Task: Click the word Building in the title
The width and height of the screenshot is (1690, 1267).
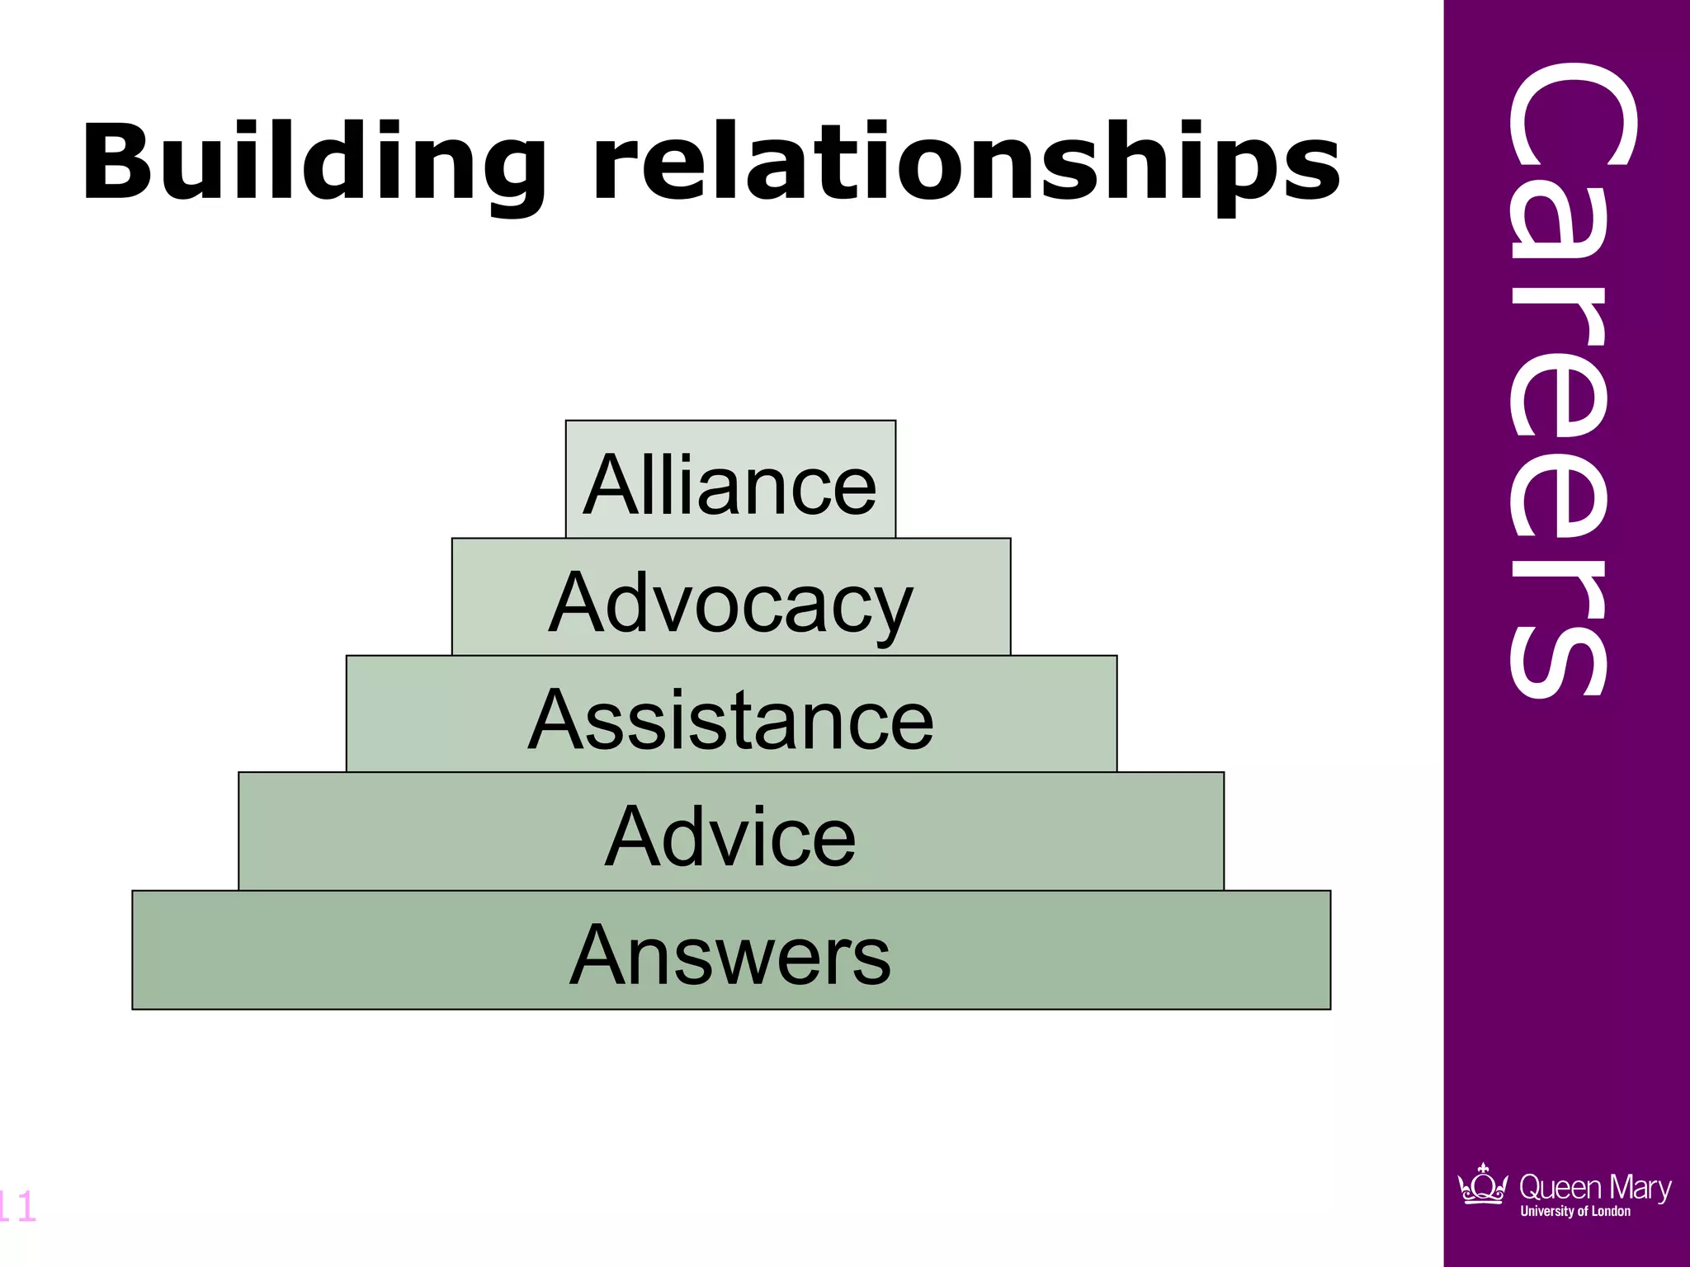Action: pyautogui.click(x=314, y=162)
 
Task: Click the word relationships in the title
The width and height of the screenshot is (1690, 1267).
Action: pyautogui.click(x=966, y=162)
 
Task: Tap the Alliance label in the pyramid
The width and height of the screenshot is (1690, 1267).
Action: pyautogui.click(x=729, y=486)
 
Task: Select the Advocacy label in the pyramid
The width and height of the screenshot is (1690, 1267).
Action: pyautogui.click(x=730, y=604)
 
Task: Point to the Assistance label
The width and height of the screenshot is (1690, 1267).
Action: pyautogui.click(x=730, y=720)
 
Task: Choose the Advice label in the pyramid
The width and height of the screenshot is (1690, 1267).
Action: pyautogui.click(x=730, y=837)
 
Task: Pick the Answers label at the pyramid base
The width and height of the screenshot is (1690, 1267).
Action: pyautogui.click(x=730, y=955)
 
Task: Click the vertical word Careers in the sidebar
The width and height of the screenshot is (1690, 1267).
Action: pyautogui.click(x=1559, y=379)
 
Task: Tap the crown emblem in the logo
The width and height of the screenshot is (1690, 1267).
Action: pyautogui.click(x=1483, y=1185)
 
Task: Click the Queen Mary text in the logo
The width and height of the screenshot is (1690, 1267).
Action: pyautogui.click(x=1594, y=1187)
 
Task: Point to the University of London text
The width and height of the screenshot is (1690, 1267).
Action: pyautogui.click(x=1575, y=1212)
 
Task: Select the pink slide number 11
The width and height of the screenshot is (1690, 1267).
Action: pyautogui.click(x=17, y=1207)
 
